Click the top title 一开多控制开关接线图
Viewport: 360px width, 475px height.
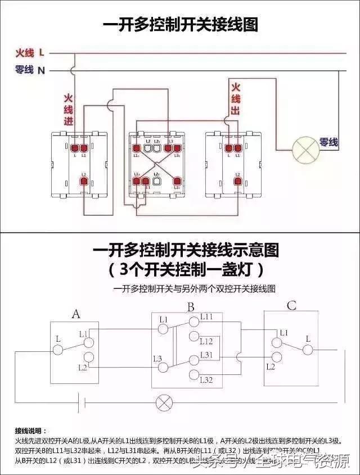pyautogui.click(x=180, y=25)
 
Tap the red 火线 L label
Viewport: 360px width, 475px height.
pyautogui.click(x=30, y=53)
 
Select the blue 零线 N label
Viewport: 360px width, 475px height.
pyautogui.click(x=30, y=70)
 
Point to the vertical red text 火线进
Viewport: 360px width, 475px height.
pyautogui.click(x=68, y=110)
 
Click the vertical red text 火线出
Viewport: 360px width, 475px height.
pyautogui.click(x=236, y=99)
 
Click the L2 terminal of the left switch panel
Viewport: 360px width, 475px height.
pyautogui.click(x=83, y=181)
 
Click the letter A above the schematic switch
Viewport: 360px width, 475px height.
pyautogui.click(x=75, y=314)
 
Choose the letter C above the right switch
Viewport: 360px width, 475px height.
pyautogui.click(x=291, y=306)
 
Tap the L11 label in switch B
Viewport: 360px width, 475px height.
pyautogui.click(x=207, y=318)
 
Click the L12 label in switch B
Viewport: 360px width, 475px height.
pyautogui.click(x=206, y=341)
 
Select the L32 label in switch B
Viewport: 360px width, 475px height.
pyautogui.click(x=206, y=381)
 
